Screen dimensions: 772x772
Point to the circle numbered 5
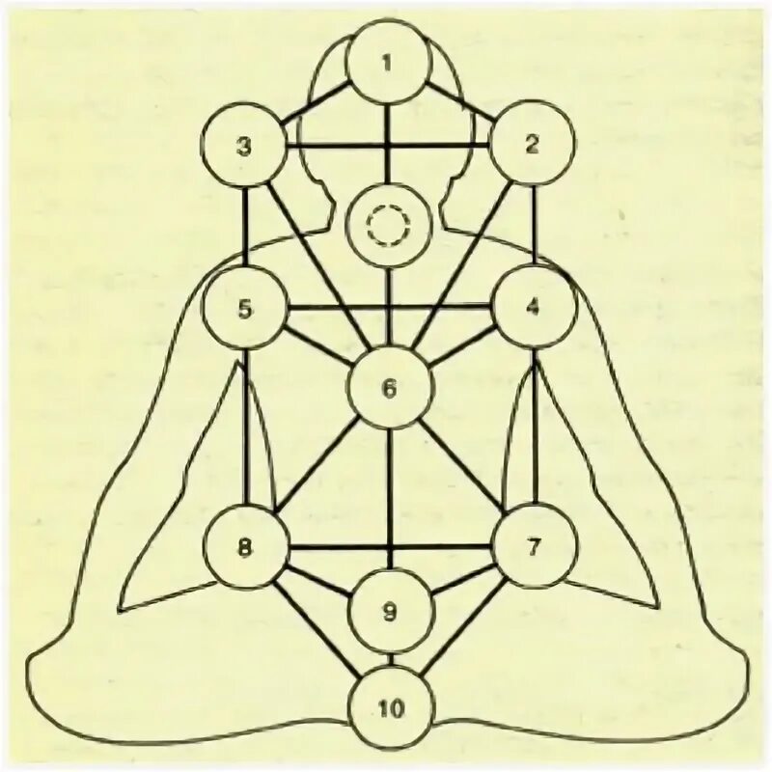[244, 309]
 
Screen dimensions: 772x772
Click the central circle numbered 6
[388, 389]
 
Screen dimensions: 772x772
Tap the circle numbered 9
[389, 610]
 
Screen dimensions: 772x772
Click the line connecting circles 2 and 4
[535, 227]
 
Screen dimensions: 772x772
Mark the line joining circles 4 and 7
[535, 425]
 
